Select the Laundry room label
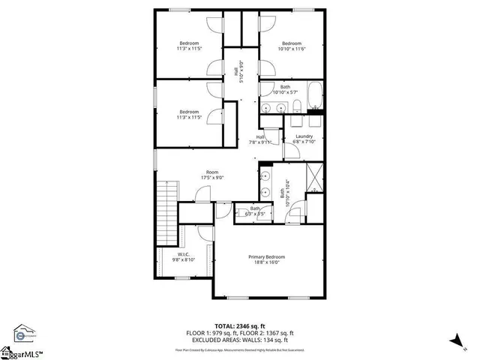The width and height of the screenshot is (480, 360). [x=304, y=136]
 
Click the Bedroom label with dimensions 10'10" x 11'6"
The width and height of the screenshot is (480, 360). [x=291, y=43]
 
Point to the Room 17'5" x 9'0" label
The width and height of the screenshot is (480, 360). [x=213, y=172]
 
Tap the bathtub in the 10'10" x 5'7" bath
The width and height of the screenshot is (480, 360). [x=315, y=96]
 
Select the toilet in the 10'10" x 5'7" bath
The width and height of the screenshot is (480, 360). [x=296, y=105]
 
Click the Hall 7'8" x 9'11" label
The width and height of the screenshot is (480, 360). [x=261, y=137]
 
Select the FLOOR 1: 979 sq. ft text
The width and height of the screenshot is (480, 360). [x=212, y=333]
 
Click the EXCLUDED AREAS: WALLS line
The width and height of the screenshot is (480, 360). [x=240, y=340]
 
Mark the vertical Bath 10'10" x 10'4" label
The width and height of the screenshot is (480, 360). [x=283, y=196]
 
